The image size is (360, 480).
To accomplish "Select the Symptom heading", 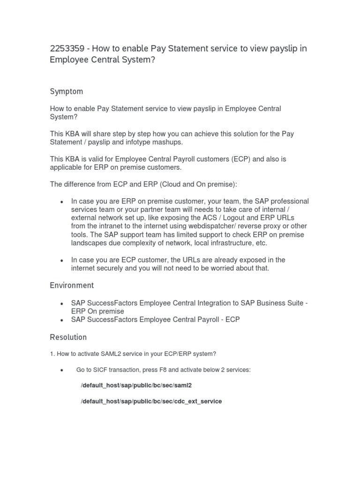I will click(x=66, y=91).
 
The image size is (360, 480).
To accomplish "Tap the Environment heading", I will click(x=72, y=285).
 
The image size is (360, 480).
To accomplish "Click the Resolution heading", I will click(x=68, y=337).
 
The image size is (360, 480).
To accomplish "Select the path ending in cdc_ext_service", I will click(x=151, y=402).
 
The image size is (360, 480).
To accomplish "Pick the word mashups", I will click(x=168, y=142).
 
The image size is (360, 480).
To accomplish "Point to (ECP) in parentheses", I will click(x=241, y=159).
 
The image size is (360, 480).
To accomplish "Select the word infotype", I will click(x=137, y=142).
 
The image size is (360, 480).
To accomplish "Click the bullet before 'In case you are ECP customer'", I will click(x=62, y=261).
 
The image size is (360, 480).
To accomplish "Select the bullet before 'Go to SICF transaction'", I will click(x=62, y=370).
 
